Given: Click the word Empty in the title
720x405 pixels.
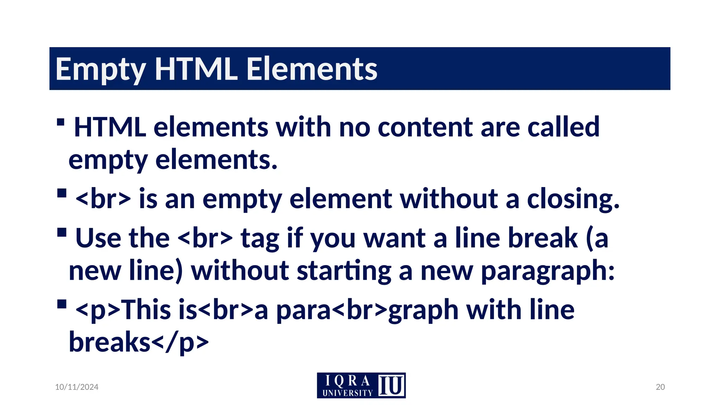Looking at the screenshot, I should (101, 69).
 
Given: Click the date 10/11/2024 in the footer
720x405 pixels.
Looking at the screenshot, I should (77, 387).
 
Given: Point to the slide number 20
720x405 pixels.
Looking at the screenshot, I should (660, 387).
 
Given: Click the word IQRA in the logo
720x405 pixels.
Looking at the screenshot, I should (347, 381).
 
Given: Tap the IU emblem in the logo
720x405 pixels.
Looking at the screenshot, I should (391, 385).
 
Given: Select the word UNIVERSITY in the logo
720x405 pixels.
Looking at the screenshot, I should (347, 393).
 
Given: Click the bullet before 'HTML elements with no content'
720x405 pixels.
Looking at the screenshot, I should (60, 122).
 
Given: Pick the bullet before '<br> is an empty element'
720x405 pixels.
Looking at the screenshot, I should (62, 194).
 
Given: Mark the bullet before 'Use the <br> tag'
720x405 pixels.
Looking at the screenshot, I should (62, 233).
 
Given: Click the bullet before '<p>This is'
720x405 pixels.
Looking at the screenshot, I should (62, 304).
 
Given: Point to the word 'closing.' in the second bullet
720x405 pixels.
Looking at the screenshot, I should (573, 199).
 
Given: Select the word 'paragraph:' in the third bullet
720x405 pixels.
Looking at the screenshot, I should (548, 271).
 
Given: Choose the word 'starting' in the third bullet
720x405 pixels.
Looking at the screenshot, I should (344, 271).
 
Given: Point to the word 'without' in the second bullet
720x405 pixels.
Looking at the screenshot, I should (449, 199).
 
